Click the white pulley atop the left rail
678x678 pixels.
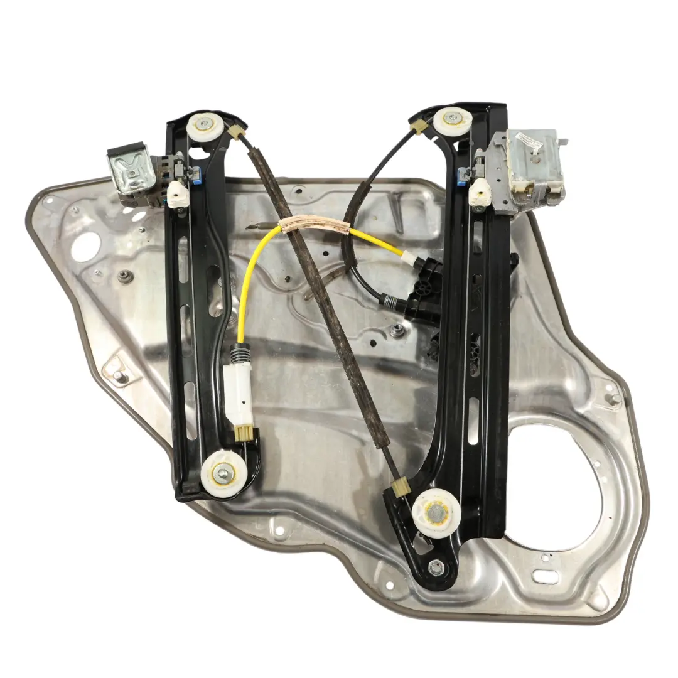click(205, 127)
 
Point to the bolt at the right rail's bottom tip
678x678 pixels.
click(434, 568)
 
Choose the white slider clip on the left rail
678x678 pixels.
click(178, 193)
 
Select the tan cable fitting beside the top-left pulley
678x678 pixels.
click(237, 132)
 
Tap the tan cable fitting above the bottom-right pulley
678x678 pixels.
click(401, 488)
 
